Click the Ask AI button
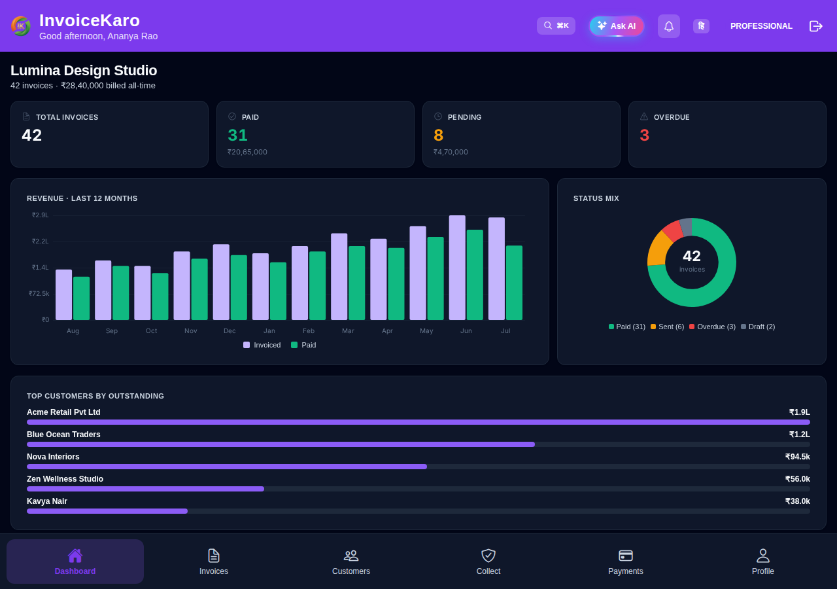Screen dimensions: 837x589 coord(617,26)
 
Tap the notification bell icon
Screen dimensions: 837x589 coord(669,26)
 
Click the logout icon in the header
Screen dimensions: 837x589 coord(815,26)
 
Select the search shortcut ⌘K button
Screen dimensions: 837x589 coord(556,26)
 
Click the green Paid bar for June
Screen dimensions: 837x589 coord(475,275)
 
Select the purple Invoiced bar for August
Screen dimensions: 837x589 coord(63,294)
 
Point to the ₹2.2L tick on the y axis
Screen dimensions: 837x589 coord(40,241)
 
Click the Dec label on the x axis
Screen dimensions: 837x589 coord(230,331)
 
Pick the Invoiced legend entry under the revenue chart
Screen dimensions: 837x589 coord(262,345)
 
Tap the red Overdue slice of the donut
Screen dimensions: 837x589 coord(674,230)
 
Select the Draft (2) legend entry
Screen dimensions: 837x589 coord(758,327)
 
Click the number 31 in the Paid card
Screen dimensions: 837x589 coord(237,135)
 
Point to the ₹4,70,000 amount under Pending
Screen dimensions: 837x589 coord(451,152)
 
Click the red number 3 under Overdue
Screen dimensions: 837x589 coord(644,135)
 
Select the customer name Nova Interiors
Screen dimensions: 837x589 coord(53,457)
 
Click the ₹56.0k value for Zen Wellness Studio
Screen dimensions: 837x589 coord(797,479)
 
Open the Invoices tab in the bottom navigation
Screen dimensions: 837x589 coord(214,562)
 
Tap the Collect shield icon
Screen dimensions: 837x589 coord(488,556)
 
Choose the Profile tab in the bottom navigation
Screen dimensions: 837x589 coord(762,562)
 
